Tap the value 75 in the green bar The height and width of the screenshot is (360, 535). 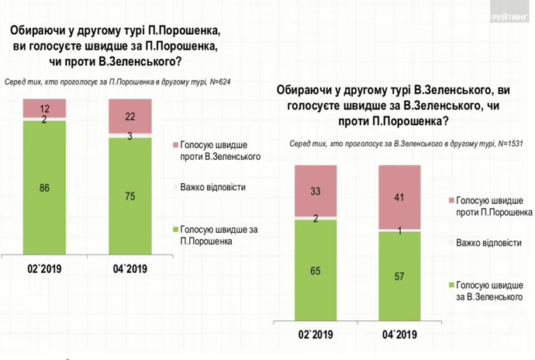129,196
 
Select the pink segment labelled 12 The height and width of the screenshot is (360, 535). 44,109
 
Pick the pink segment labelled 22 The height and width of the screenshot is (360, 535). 129,116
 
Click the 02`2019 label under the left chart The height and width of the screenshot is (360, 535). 44,269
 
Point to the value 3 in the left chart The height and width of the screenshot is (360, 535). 129,136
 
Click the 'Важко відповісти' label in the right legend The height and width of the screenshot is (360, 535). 490,243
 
